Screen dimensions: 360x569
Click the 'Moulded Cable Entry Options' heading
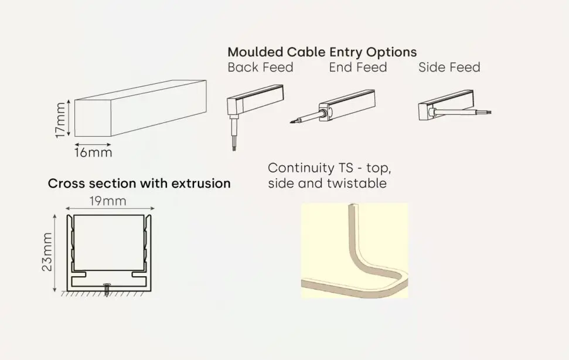coord(322,52)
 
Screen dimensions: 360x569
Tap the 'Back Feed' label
coord(260,67)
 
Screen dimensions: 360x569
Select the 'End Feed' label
coord(357,67)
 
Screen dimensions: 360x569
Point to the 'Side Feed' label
coord(449,67)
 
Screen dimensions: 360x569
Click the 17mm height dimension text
coord(60,120)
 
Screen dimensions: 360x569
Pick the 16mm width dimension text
coord(93,154)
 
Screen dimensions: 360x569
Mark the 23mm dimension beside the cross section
coord(47,252)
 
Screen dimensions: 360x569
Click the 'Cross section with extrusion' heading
coord(139,184)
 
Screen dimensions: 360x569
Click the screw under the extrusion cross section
coord(107,290)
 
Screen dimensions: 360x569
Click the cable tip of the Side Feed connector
coord(488,111)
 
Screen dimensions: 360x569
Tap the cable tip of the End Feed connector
coord(294,122)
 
